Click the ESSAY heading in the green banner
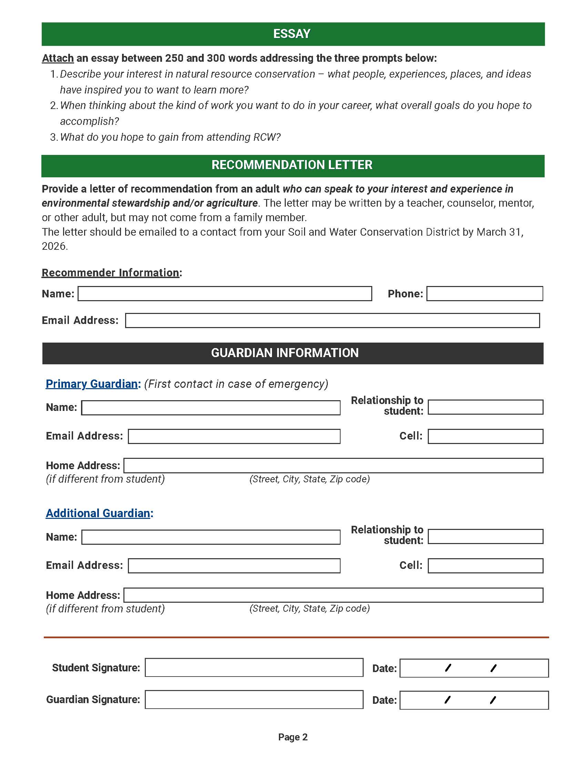(292, 34)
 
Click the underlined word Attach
(58, 58)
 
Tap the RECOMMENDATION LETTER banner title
(292, 165)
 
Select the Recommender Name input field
(225, 294)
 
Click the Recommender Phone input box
(484, 294)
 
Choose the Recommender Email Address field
(332, 321)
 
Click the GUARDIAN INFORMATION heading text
(285, 353)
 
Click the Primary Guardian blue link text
(92, 384)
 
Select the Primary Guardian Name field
(211, 408)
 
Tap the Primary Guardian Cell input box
(485, 436)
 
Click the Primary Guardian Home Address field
(333, 466)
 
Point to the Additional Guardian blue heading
(98, 513)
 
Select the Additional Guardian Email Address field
(234, 566)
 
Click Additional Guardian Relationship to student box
(485, 536)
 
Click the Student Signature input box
(254, 668)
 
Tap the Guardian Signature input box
(254, 700)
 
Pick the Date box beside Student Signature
(474, 668)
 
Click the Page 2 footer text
(293, 737)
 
